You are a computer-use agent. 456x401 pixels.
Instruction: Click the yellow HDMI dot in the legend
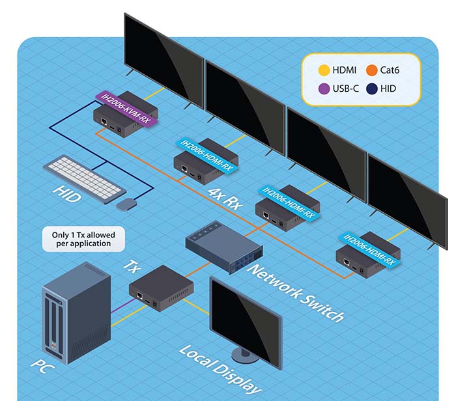[x=322, y=70]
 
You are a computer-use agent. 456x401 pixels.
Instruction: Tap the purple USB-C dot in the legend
[x=322, y=88]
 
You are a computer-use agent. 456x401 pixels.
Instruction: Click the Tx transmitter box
[x=160, y=287]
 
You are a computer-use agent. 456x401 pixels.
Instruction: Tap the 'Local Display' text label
[x=219, y=369]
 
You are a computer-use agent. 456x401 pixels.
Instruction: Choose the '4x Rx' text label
[x=225, y=197]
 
